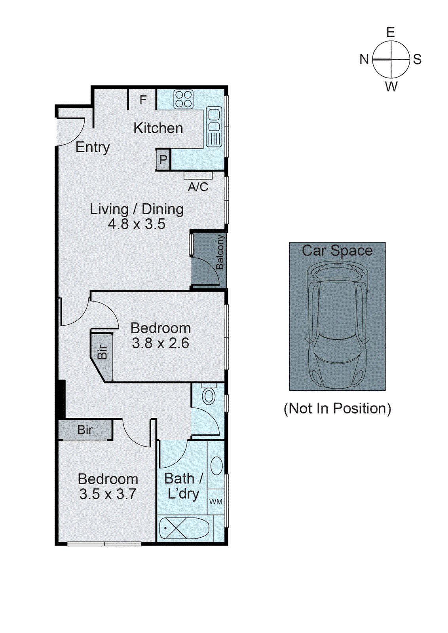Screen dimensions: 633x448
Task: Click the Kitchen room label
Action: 158,128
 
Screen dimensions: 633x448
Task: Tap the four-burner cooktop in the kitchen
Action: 183,99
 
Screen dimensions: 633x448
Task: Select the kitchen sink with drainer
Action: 214,127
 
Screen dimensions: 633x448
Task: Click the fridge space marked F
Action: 143,100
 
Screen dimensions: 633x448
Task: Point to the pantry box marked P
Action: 163,160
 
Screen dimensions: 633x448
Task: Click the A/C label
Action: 198,187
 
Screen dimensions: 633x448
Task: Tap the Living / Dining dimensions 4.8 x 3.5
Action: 137,224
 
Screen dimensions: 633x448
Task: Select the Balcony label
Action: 220,252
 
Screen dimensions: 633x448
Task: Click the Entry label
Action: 93,147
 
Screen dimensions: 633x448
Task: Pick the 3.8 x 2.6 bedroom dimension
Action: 160,343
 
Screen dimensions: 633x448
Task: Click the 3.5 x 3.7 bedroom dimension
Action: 108,494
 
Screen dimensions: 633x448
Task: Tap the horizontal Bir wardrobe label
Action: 85,430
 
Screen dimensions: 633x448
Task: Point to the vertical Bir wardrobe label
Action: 102,352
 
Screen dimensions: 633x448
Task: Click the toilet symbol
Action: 209,395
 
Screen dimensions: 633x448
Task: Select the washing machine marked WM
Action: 216,502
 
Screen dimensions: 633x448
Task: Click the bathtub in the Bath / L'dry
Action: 184,528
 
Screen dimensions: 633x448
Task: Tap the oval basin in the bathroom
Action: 216,466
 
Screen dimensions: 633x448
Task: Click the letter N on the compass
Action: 364,59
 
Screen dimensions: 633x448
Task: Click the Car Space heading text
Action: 337,250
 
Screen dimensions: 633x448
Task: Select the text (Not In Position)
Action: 337,408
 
